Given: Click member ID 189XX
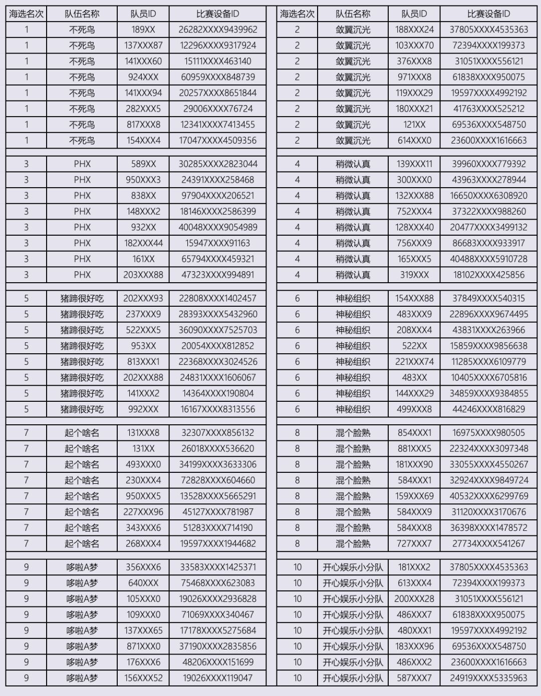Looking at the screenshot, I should [143, 30].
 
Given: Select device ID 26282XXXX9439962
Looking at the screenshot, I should [218, 30].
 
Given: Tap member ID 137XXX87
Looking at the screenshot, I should [143, 46].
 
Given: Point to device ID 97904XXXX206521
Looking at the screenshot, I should [218, 196].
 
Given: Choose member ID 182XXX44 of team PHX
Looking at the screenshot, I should [143, 243].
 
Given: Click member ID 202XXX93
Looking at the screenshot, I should [143, 298].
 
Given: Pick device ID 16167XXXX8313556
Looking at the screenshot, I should [218, 409].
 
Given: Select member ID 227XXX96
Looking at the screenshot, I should [143, 512].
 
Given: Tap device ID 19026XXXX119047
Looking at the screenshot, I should [218, 678].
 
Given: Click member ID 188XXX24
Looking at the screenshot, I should [414, 30].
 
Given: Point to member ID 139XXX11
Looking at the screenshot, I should [414, 164].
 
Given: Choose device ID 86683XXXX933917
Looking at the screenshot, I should [488, 243].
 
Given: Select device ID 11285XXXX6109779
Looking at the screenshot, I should [488, 362].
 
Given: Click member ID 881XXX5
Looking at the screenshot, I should [414, 448].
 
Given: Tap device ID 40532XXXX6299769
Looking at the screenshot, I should [488, 496].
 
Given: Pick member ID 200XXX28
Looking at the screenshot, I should [414, 599].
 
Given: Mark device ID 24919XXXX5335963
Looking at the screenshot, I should [488, 678].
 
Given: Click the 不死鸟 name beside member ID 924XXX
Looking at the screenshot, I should [82, 77].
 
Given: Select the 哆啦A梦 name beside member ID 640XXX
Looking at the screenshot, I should [82, 583].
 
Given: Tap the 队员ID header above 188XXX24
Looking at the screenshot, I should [414, 14].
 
